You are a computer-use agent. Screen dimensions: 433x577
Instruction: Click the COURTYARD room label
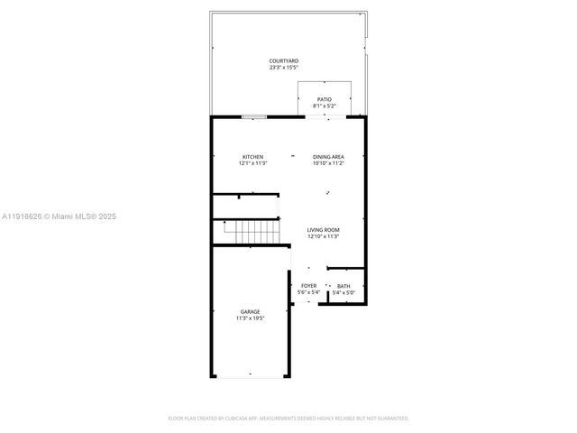tap(284, 61)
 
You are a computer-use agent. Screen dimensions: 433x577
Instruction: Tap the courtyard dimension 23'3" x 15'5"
tap(284, 68)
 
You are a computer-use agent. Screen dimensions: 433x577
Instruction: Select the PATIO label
tap(325, 99)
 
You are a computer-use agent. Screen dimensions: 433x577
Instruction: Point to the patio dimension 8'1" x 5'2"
tap(325, 106)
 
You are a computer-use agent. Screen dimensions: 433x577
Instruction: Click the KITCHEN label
tap(252, 157)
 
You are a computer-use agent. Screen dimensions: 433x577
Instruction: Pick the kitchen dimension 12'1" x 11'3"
tap(252, 163)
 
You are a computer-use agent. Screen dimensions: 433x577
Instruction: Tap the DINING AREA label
tap(328, 157)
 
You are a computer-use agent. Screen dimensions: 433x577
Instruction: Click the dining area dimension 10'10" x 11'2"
tap(328, 163)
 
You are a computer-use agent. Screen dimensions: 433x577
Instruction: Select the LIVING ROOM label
tap(323, 230)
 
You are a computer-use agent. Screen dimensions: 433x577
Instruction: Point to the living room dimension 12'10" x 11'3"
tap(323, 236)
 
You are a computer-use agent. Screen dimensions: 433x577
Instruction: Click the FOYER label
tap(308, 286)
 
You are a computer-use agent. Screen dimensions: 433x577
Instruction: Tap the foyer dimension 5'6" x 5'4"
tap(308, 292)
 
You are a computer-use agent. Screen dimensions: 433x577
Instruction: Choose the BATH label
tap(343, 286)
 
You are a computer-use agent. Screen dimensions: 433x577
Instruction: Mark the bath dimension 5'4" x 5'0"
tap(343, 292)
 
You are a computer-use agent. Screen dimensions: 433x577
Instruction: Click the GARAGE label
tap(250, 311)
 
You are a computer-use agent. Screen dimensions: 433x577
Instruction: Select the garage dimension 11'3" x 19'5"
tap(250, 318)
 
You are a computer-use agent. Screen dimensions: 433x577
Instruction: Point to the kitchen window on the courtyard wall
tap(253, 116)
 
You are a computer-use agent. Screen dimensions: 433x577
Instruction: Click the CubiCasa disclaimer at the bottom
tap(288, 419)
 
